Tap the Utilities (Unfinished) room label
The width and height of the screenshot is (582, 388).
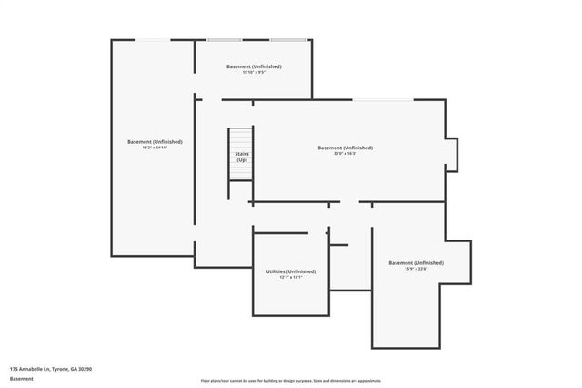[291, 271]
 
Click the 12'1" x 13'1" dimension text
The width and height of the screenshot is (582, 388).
[291, 278]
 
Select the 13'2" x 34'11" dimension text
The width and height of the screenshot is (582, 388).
[155, 148]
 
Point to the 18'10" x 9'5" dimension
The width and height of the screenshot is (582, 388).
[253, 73]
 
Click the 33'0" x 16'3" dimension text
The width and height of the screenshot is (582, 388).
[345, 154]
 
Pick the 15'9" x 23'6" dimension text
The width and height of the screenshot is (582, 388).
[416, 269]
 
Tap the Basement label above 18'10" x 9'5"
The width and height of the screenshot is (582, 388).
[253, 66]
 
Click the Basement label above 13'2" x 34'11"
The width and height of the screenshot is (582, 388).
[155, 141]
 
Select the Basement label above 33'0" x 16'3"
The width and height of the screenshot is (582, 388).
[345, 148]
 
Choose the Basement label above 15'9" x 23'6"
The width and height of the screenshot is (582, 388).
[416, 262]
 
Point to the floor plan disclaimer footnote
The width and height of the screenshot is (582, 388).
[291, 381]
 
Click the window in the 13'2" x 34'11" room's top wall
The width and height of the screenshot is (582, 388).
[152, 39]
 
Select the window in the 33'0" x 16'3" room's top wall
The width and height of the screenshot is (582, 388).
[382, 99]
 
